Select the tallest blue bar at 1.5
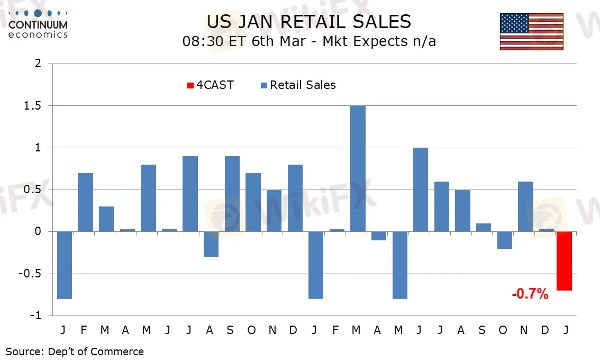tap(358, 168)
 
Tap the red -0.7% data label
tap(530, 294)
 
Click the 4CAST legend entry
tap(210, 85)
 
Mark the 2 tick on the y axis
tap(38, 64)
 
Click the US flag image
tap(531, 32)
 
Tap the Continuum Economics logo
tap(38, 24)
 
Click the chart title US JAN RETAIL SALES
tap(308, 22)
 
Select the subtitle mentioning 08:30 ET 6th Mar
tap(309, 41)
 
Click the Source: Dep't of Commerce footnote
tap(75, 351)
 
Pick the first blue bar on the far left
tap(64, 265)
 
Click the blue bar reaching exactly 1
tap(421, 190)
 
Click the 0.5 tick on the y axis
tap(34, 190)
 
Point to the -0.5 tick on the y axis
tap(32, 274)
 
